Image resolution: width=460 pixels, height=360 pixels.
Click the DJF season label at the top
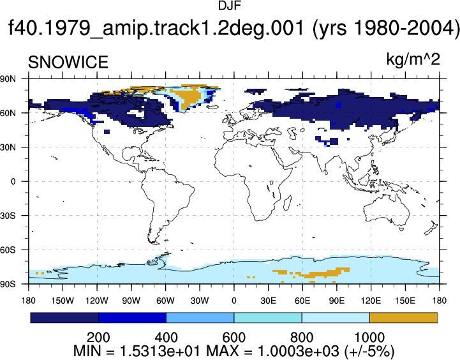[230, 6]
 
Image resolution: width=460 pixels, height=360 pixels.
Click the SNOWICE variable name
[68, 62]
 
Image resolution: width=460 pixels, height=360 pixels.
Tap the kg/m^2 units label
[413, 59]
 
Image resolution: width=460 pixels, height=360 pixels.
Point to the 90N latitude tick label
[8, 79]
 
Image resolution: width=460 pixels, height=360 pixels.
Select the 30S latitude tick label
[8, 216]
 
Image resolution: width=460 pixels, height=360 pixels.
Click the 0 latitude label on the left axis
[13, 182]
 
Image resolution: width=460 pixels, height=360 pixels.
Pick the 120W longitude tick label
[97, 301]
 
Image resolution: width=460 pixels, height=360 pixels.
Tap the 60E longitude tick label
[302, 301]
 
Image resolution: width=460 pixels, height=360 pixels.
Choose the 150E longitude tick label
[405, 301]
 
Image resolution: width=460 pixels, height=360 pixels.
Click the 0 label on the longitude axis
[234, 301]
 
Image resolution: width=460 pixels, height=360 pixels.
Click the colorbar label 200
[98, 338]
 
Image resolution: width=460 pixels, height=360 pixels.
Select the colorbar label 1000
[369, 338]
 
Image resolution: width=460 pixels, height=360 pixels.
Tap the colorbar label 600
[234, 338]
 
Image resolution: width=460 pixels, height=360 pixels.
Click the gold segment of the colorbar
[404, 318]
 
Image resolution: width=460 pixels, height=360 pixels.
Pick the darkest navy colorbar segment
[64, 318]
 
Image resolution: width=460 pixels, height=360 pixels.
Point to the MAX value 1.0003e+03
[298, 351]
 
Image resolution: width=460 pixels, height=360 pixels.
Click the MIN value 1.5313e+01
[159, 351]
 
